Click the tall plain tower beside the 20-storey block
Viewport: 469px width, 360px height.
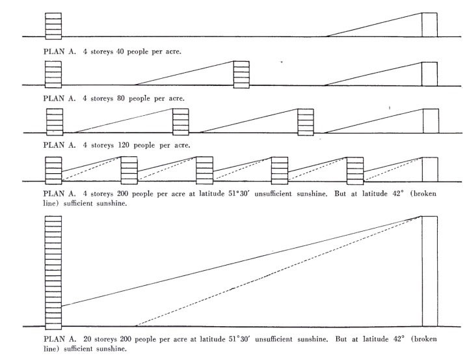(429, 270)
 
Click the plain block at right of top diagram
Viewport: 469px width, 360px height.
(429, 24)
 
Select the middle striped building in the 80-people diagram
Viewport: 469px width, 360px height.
(242, 73)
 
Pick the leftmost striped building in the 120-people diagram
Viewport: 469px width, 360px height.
(55, 121)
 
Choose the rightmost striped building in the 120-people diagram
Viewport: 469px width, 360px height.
(305, 121)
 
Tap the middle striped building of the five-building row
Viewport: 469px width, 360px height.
(205, 171)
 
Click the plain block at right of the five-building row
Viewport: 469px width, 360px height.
(429, 171)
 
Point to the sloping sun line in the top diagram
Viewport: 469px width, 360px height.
(374, 24)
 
